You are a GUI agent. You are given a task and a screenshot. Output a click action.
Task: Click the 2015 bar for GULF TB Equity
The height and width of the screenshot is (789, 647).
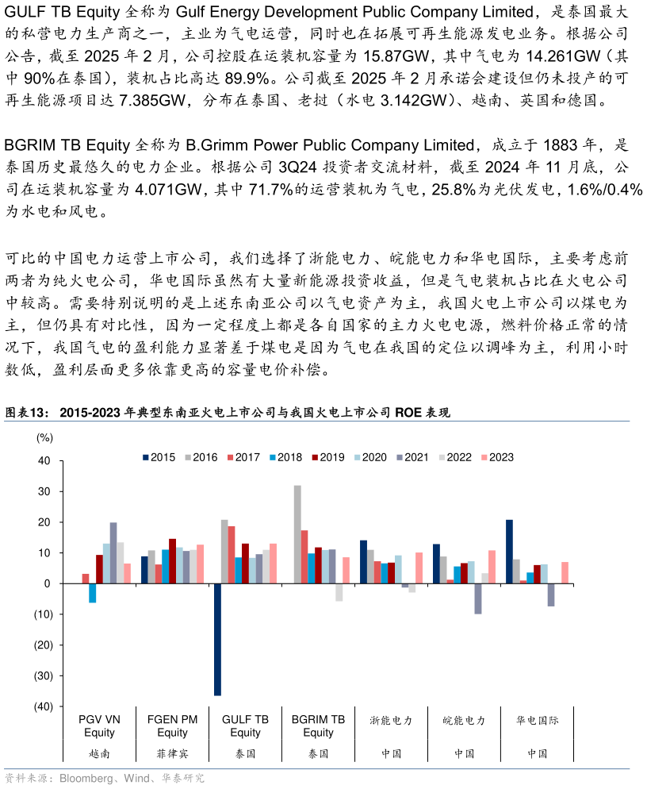pyautogui.click(x=217, y=639)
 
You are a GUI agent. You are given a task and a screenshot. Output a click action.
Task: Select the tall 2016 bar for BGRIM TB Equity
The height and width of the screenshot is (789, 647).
pyautogui.click(x=297, y=534)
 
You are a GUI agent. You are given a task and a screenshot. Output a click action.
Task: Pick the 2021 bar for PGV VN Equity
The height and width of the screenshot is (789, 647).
pyautogui.click(x=113, y=552)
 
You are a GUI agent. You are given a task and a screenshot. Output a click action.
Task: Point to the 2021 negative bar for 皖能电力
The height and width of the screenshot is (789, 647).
pyautogui.click(x=478, y=598)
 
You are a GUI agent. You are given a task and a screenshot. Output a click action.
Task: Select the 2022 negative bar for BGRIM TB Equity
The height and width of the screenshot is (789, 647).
pyautogui.click(x=339, y=592)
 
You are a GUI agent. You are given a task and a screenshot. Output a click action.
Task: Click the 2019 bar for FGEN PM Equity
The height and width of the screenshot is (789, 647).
pyautogui.click(x=172, y=561)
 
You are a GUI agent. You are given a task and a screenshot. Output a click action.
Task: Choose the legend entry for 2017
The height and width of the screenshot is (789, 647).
pyautogui.click(x=243, y=457)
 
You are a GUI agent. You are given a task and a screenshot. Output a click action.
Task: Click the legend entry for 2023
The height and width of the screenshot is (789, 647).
pyautogui.click(x=497, y=457)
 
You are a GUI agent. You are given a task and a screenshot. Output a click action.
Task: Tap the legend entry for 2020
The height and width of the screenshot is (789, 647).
pyautogui.click(x=370, y=457)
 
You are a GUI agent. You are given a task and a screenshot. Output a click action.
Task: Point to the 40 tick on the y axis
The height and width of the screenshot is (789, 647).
pyautogui.click(x=44, y=461)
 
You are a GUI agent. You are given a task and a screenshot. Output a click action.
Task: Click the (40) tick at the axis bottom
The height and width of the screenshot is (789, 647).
pyautogui.click(x=43, y=706)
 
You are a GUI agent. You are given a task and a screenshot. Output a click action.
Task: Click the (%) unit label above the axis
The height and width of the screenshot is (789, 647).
pyautogui.click(x=44, y=437)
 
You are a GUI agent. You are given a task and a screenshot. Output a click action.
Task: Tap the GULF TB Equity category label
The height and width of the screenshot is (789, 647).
pyautogui.click(x=245, y=725)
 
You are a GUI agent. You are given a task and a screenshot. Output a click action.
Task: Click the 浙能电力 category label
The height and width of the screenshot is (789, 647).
pyautogui.click(x=391, y=721)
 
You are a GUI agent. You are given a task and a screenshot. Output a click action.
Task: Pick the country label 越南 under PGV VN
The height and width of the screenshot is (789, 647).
pyautogui.click(x=99, y=753)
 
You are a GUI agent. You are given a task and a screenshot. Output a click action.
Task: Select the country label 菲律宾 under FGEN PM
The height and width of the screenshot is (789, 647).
pyautogui.click(x=172, y=753)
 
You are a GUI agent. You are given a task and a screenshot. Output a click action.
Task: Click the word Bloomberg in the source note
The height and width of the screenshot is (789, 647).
pyautogui.click(x=86, y=779)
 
